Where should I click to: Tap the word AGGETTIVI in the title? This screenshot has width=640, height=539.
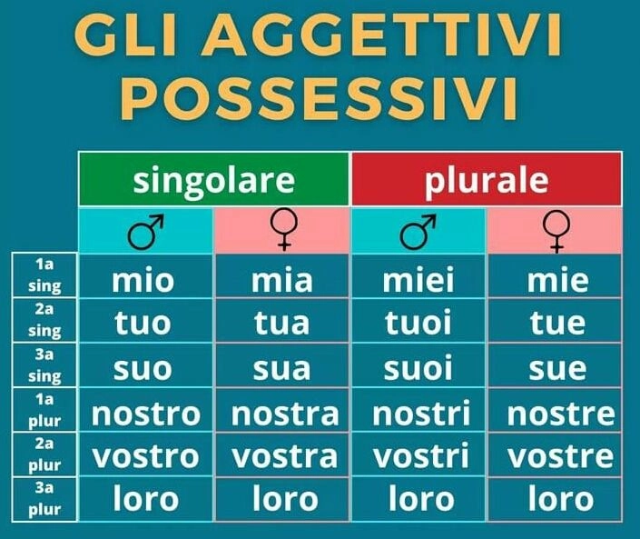click(x=387, y=36)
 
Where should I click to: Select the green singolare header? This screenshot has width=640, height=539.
click(x=214, y=180)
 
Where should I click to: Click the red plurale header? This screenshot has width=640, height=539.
click(x=487, y=180)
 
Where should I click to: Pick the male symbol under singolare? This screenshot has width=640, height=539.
click(x=145, y=232)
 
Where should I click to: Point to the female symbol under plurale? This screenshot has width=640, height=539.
click(x=556, y=232)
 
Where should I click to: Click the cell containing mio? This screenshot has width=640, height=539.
click(x=145, y=279)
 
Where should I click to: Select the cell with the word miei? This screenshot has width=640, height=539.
click(x=418, y=279)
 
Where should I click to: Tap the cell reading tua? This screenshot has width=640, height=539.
click(x=281, y=323)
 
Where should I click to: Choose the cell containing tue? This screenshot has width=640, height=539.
click(x=556, y=323)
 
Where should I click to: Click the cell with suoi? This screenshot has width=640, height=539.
click(x=418, y=367)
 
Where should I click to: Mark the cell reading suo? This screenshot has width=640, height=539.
click(x=145, y=367)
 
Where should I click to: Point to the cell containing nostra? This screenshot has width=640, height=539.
click(x=283, y=412)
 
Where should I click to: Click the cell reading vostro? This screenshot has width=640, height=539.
click(x=145, y=454)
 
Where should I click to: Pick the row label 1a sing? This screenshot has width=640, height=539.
click(x=44, y=276)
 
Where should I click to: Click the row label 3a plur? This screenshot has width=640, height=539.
click(x=44, y=500)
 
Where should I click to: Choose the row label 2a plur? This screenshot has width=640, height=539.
click(x=44, y=454)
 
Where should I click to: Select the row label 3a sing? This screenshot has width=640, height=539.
click(x=44, y=366)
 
